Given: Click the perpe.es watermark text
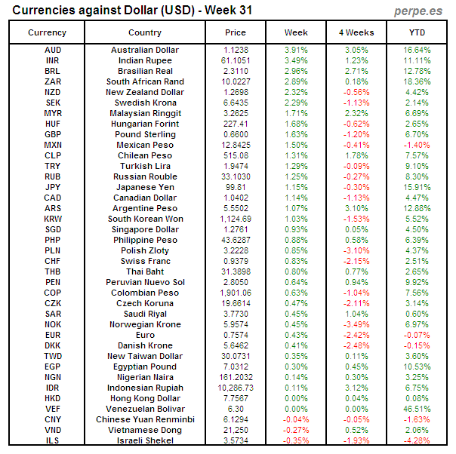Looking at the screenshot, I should pyautogui.click(x=418, y=11).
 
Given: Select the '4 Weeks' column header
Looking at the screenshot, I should pyautogui.click(x=356, y=32).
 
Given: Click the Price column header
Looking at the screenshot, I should pyautogui.click(x=236, y=32).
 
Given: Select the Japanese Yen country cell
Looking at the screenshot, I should pyautogui.click(x=145, y=187).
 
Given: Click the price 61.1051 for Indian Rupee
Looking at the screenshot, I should pyautogui.click(x=236, y=60).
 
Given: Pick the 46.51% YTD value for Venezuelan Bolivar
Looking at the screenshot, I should pyautogui.click(x=417, y=409).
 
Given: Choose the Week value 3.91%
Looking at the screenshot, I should pyautogui.click(x=296, y=50).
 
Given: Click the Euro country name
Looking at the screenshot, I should pyautogui.click(x=145, y=335).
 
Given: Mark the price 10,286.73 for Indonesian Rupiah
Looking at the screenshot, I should pyautogui.click(x=236, y=388).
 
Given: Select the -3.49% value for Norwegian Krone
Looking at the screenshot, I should pyautogui.click(x=356, y=324).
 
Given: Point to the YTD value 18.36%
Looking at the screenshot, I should pyautogui.click(x=417, y=81).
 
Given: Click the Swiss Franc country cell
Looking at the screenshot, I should pyautogui.click(x=145, y=261).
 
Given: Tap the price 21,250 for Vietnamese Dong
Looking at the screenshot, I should pyautogui.click(x=236, y=430).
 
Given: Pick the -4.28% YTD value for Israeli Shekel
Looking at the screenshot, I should pyautogui.click(x=417, y=440).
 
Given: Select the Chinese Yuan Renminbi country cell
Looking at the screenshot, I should pyautogui.click(x=145, y=419).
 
